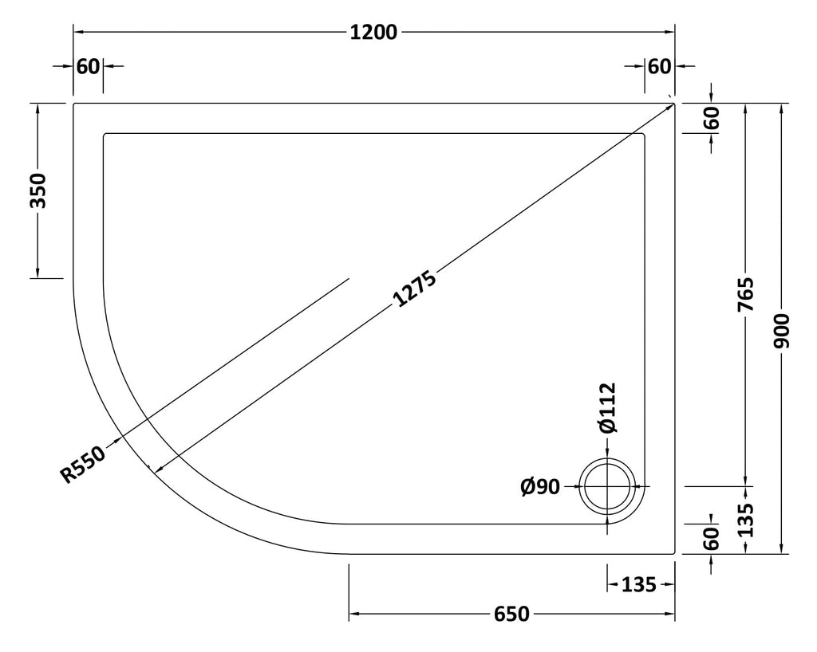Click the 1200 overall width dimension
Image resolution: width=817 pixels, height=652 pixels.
373,32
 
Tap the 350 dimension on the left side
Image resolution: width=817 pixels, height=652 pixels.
38,191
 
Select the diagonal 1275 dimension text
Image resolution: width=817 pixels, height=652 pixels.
414,289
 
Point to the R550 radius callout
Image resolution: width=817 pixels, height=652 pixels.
83,464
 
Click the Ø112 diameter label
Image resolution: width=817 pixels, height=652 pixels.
607,408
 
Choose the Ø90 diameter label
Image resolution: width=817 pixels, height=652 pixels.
540,487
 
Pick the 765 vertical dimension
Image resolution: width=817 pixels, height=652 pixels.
746,295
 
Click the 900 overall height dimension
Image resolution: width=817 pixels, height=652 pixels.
782,331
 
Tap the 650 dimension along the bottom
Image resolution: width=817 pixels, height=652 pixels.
511,615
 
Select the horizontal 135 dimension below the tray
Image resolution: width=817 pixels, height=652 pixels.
639,585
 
